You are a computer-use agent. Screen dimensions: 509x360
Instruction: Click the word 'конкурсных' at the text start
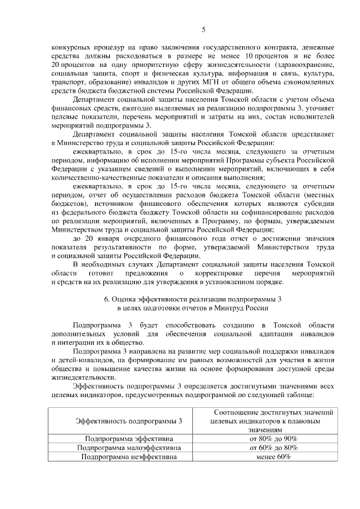click(71, 47)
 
